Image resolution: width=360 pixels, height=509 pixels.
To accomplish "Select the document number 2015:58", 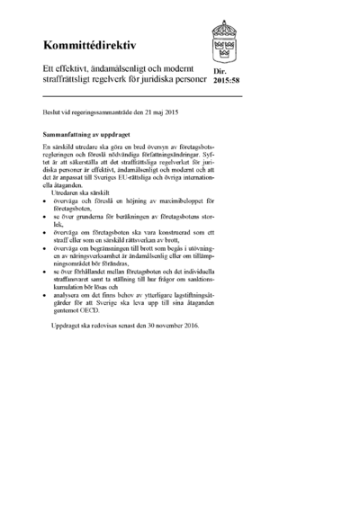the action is (x=227, y=80).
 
